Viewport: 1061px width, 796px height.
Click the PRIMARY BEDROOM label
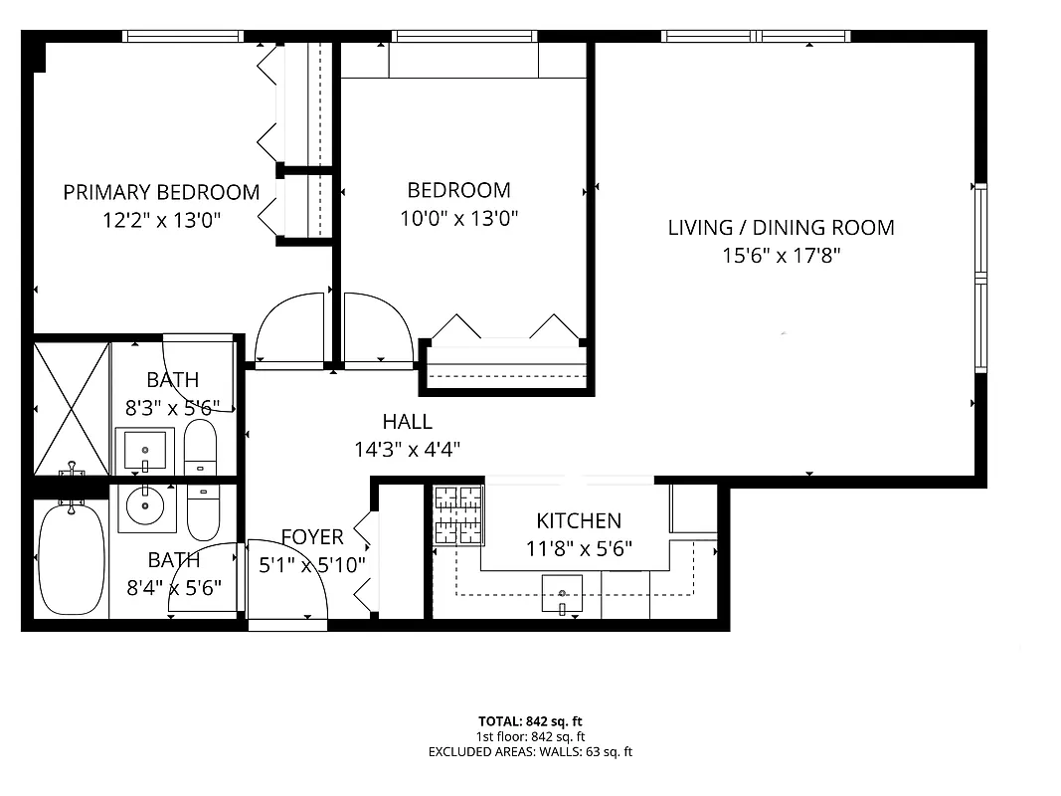point(161,192)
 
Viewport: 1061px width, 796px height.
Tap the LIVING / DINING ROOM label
point(781,228)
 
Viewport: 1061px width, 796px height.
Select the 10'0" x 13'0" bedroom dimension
point(459,218)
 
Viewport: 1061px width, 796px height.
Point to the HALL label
point(407,422)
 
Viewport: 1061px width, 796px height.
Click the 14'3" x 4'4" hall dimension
point(407,449)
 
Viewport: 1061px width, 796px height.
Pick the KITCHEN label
point(579,520)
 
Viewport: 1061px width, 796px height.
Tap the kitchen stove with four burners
point(458,514)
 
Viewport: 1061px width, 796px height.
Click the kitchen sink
point(562,594)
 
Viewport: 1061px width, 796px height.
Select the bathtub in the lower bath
point(71,559)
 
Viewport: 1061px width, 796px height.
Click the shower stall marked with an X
point(71,408)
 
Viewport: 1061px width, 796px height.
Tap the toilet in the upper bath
point(200,448)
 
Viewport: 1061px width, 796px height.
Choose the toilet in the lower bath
point(203,510)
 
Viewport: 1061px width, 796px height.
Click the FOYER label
point(312,537)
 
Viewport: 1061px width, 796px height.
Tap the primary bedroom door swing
point(290,328)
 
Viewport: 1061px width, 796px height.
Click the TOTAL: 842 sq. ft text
point(530,720)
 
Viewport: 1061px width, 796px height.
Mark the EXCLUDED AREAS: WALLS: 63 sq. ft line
point(530,752)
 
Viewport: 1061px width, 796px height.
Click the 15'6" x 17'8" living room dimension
point(781,256)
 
